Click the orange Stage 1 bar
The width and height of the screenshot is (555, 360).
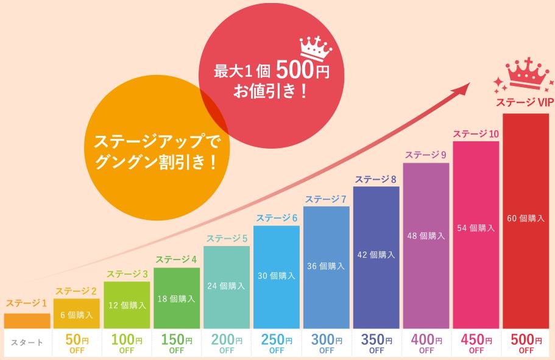point(27,320)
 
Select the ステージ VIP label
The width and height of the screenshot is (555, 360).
point(524,103)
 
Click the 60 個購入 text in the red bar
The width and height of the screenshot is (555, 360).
point(525,218)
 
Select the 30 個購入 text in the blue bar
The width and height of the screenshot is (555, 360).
point(276,276)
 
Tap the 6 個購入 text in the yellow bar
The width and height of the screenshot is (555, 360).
point(77,315)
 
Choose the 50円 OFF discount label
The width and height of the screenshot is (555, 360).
point(77,344)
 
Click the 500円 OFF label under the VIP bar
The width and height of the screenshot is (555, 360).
point(525,344)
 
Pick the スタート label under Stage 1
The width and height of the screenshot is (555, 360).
point(27,343)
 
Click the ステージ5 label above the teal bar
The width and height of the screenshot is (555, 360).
point(227,238)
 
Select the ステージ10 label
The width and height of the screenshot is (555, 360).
point(476,134)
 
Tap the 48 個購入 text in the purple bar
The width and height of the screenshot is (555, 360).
point(426,235)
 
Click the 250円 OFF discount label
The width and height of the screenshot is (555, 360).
point(276,344)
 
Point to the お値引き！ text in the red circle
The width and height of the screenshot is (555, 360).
point(270,92)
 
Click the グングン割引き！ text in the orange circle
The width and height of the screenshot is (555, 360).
point(156,163)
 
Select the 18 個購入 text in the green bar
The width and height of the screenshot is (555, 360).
point(177,299)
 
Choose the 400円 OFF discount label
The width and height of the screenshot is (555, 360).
point(426,344)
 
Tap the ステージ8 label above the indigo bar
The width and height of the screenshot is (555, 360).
point(376,179)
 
